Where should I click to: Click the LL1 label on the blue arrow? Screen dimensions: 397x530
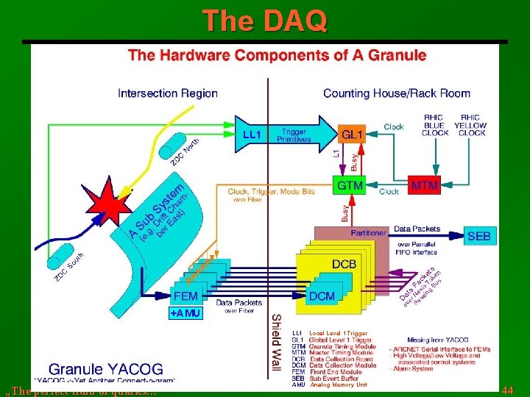[252, 135]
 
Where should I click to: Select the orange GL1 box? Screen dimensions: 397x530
[352, 135]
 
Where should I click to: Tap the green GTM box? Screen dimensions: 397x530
[350, 186]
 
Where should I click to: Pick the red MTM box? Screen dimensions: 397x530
[425, 186]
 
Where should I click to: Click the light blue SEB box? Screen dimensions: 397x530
[482, 236]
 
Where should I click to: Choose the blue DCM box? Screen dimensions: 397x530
[322, 296]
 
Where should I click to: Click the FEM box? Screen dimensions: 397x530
[185, 296]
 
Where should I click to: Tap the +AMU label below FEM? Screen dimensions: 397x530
[185, 314]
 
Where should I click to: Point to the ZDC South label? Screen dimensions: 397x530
[68, 267]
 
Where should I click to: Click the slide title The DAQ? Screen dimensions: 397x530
[264, 21]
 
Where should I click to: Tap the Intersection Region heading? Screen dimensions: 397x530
[168, 93]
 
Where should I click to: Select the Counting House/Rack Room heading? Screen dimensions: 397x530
[397, 93]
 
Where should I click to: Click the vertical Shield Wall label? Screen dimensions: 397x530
[275, 341]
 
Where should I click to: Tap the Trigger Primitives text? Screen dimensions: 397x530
[294, 135]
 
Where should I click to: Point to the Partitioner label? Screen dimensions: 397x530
[368, 233]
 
